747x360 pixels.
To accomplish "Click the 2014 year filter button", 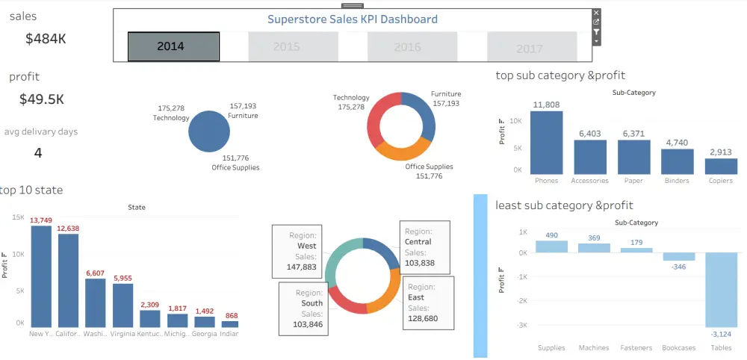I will [x=173, y=46].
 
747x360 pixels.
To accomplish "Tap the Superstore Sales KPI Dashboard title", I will [x=353, y=19].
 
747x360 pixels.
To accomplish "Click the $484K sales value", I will [x=46, y=39].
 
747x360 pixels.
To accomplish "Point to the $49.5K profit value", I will [x=42, y=99].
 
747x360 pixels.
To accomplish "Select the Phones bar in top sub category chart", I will [x=547, y=142].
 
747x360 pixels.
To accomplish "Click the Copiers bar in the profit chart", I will [x=721, y=165].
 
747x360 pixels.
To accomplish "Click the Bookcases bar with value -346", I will [x=678, y=256].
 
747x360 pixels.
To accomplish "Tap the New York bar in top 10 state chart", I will [x=41, y=276].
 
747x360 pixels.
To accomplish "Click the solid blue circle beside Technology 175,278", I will [x=209, y=132].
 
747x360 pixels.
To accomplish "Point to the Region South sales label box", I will [x=303, y=308].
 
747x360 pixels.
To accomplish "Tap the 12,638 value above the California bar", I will [x=68, y=228].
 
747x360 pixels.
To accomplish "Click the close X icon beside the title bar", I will [x=596, y=13].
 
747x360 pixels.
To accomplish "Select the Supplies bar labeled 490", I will [x=551, y=246].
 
